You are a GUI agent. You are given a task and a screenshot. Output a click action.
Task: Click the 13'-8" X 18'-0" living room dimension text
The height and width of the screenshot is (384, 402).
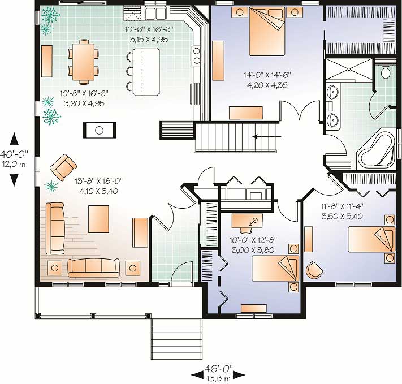click(x=98, y=186)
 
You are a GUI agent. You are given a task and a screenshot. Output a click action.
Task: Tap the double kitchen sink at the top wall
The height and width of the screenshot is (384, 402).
click(x=154, y=12)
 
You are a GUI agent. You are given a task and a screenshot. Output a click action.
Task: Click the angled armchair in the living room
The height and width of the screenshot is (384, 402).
click(x=63, y=167)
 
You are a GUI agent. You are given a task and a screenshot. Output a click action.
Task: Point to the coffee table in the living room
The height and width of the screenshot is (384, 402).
click(x=99, y=219)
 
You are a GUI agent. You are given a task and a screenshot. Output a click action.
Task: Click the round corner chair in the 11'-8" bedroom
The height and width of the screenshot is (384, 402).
click(x=314, y=270)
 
